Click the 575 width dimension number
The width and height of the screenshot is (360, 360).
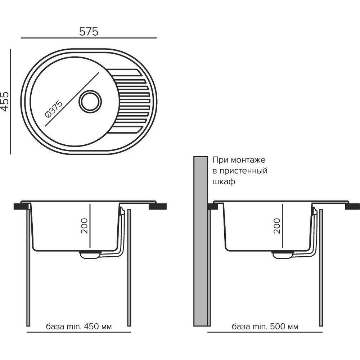[89, 31]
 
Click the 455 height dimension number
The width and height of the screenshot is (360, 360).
[5, 101]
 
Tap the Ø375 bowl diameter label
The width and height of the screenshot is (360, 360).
[54, 109]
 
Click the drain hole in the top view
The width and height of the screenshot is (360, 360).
[90, 101]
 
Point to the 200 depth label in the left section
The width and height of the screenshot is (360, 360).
[84, 226]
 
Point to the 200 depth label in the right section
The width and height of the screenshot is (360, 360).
[277, 226]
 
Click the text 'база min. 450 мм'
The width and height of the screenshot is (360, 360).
[79, 327]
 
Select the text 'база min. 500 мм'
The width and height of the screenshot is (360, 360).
[265, 327]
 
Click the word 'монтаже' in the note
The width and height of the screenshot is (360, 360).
[248, 160]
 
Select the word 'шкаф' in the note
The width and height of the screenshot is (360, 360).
[224, 182]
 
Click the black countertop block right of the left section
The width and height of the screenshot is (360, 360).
[158, 206]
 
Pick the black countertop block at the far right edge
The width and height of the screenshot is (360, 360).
[352, 206]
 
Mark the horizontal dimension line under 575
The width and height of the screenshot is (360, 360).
[89, 38]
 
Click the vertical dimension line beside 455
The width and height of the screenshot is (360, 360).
[10, 101]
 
